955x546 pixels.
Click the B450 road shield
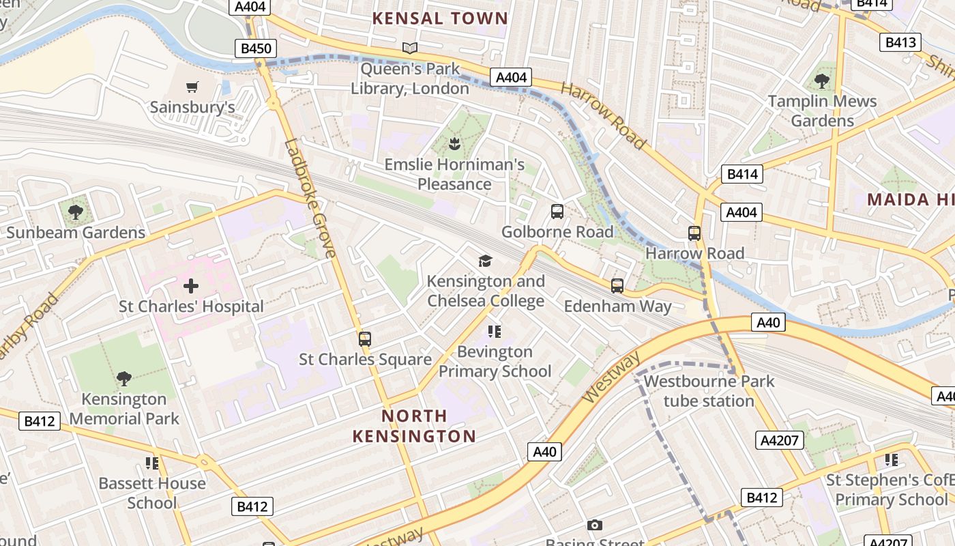[x=256, y=48]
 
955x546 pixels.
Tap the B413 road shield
[x=900, y=42]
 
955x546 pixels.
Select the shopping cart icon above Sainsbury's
[x=192, y=87]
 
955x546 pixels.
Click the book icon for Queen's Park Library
[x=410, y=48]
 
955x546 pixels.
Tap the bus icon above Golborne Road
[x=557, y=212]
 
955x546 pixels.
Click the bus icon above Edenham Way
[x=617, y=286]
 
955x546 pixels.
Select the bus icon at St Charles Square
[x=365, y=339]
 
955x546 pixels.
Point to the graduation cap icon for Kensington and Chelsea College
[x=485, y=261]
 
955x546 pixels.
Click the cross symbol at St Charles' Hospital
[x=191, y=286]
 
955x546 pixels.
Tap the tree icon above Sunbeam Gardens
[x=76, y=212]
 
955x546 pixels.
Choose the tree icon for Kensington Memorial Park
[x=124, y=379]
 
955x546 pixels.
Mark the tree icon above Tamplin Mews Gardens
[x=822, y=81]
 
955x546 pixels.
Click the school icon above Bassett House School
[x=152, y=463]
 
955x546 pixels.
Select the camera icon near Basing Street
[x=595, y=525]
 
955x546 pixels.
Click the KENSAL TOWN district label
[x=440, y=18]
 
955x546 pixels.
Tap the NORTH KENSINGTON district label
[x=414, y=426]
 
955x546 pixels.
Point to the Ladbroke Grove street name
[x=311, y=198]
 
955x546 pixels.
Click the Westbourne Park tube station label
[x=709, y=391]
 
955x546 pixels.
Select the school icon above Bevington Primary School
[x=495, y=332]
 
